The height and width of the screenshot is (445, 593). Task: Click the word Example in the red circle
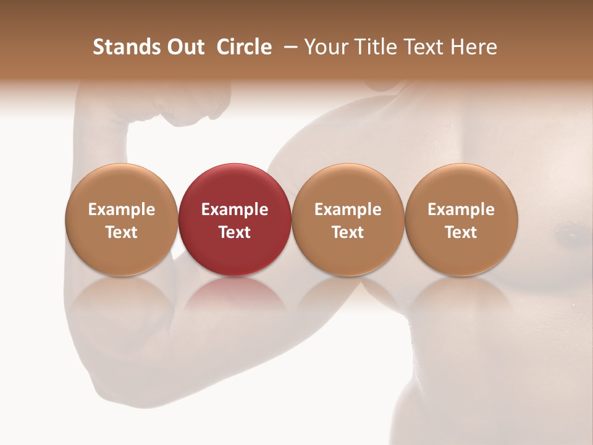[x=235, y=210]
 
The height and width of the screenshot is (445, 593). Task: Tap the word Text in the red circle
[x=235, y=232]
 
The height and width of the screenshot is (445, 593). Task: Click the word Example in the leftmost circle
[x=121, y=210]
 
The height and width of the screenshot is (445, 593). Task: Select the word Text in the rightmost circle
[x=461, y=232]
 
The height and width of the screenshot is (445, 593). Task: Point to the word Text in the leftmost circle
[x=121, y=232]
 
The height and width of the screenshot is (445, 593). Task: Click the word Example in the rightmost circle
[x=461, y=210]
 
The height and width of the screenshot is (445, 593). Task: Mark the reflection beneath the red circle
[x=235, y=303]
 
